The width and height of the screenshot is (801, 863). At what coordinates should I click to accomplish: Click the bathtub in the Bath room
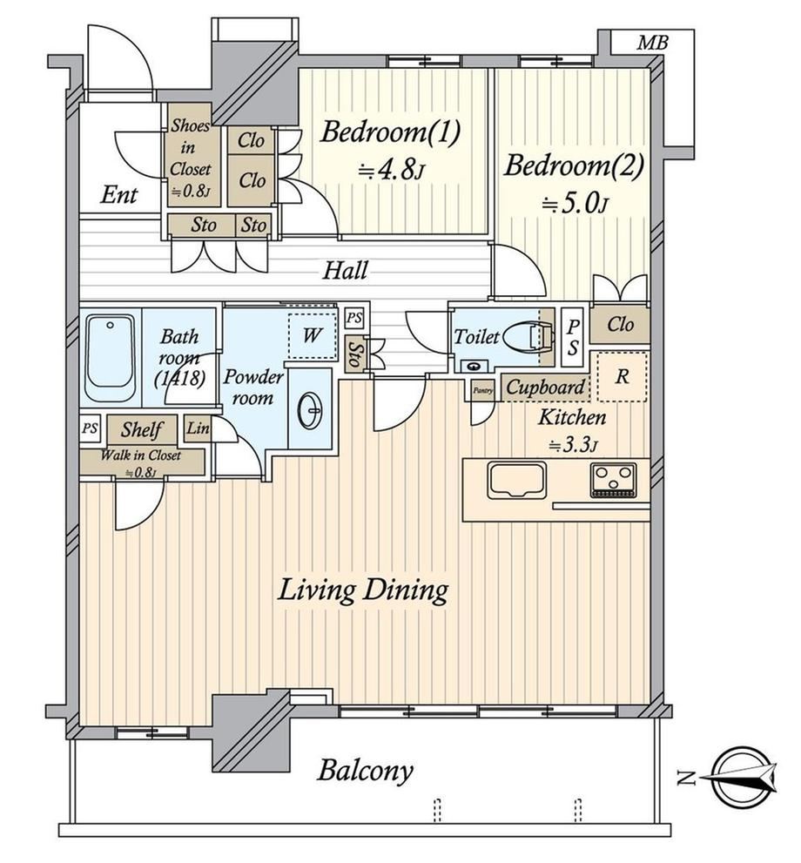click(111, 357)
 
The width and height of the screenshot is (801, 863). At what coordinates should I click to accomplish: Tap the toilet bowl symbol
click(528, 337)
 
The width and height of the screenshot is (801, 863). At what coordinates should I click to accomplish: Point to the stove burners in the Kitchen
click(614, 480)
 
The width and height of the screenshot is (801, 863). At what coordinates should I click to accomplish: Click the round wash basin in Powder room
click(310, 410)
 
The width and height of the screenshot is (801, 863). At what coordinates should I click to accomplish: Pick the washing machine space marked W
click(312, 336)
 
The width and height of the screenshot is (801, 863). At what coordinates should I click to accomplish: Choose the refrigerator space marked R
click(623, 376)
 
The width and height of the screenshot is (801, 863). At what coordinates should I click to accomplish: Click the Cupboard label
click(545, 387)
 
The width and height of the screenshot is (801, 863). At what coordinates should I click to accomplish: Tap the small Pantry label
click(483, 390)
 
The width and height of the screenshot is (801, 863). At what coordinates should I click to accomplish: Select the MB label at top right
click(652, 43)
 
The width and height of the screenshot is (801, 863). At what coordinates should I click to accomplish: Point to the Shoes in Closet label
click(190, 158)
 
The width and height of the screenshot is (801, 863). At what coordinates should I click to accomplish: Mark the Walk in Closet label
click(141, 463)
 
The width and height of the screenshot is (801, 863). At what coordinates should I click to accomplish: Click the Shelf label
click(142, 430)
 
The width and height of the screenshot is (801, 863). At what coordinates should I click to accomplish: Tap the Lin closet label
click(198, 428)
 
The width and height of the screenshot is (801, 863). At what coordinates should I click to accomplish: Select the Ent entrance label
click(118, 195)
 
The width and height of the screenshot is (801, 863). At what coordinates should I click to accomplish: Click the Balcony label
click(366, 771)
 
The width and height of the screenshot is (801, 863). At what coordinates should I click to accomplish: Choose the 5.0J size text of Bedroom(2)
click(575, 205)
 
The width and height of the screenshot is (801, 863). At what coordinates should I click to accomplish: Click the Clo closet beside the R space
click(620, 324)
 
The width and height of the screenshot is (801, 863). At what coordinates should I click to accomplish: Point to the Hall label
click(345, 271)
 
